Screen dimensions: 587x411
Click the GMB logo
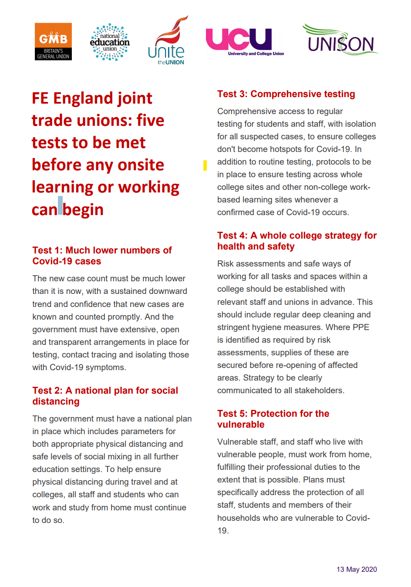pyautogui.click(x=53, y=41)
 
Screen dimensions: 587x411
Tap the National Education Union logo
pyautogui.click(x=110, y=42)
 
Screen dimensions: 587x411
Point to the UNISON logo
pyautogui.click(x=340, y=40)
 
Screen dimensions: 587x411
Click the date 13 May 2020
pyautogui.click(x=357, y=569)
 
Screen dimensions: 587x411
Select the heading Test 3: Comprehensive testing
pyautogui.click(x=286, y=94)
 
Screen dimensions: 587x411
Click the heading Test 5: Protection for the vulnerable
pyautogui.click(x=273, y=419)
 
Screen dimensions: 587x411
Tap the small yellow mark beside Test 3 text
pyautogui.click(x=205, y=165)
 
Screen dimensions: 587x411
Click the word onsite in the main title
pyautogui.click(x=141, y=165)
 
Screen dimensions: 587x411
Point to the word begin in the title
pyautogui.click(x=83, y=210)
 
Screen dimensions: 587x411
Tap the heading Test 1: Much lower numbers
pyautogui.click(x=102, y=256)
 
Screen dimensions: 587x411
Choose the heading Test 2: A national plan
pyautogui.click(x=105, y=396)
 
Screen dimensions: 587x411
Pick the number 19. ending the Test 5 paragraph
pyautogui.click(x=222, y=530)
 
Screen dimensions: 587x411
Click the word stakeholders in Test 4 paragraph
pyautogui.click(x=319, y=390)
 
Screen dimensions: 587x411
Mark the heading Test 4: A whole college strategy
pyautogui.click(x=297, y=241)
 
